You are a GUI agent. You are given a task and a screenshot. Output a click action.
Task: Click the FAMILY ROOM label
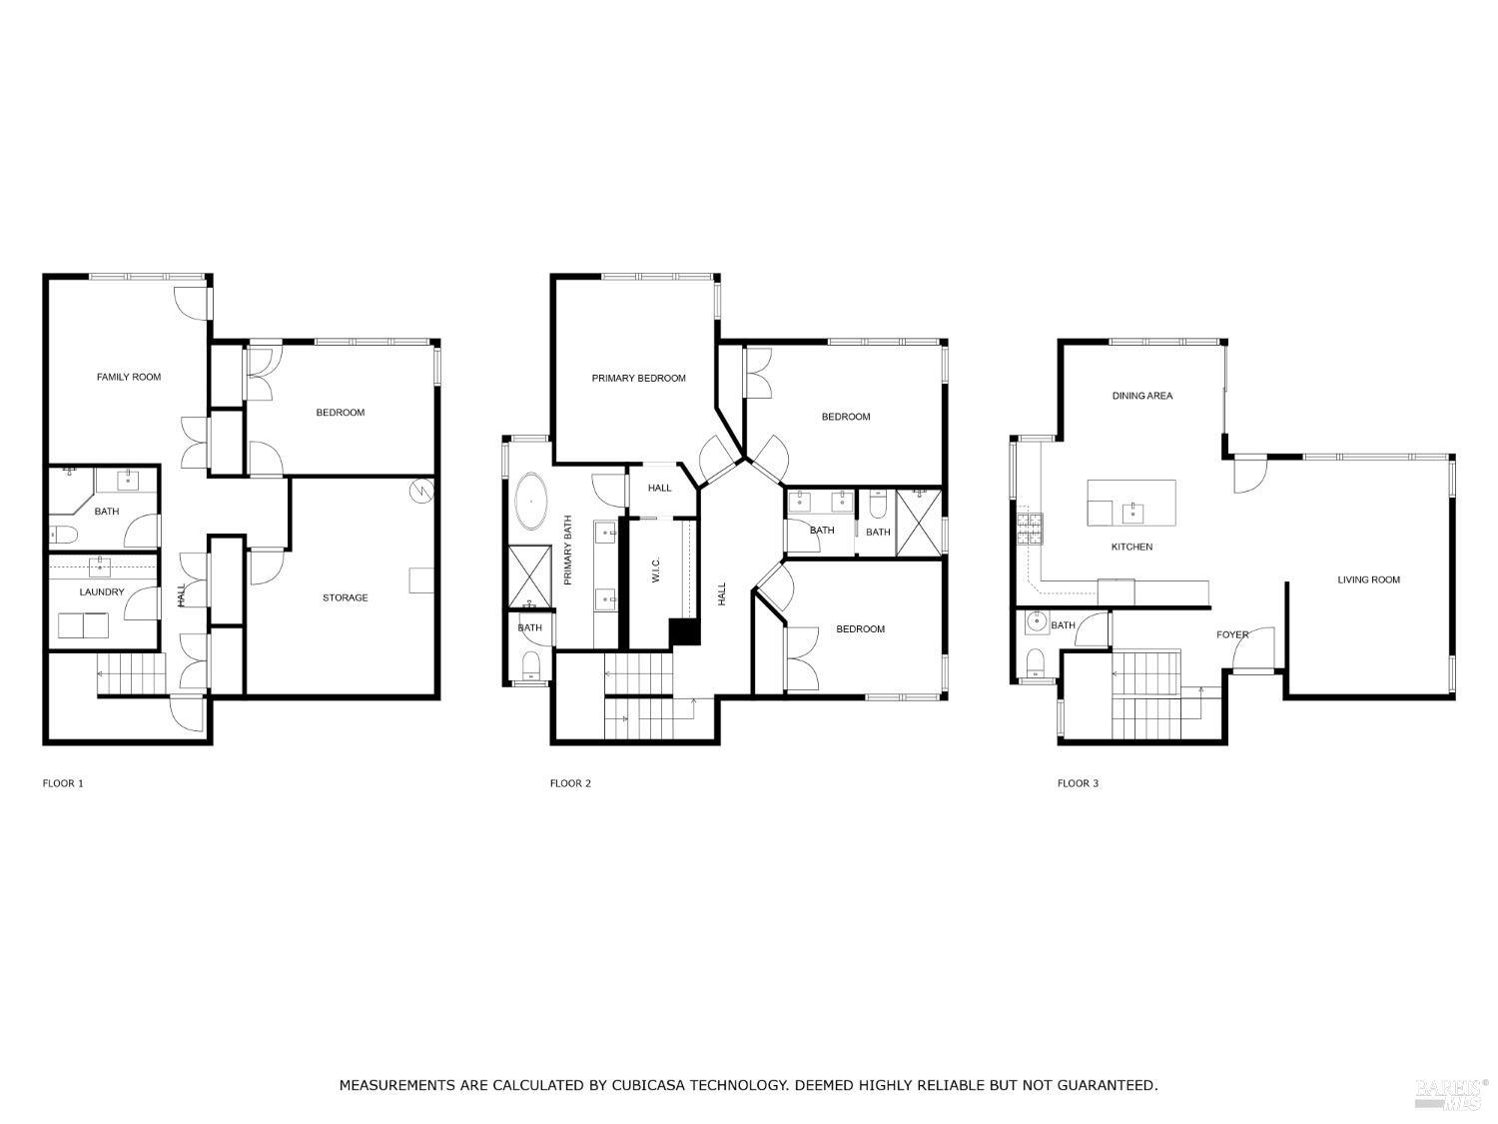(x=128, y=377)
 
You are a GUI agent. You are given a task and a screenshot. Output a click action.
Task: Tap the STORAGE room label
(x=345, y=597)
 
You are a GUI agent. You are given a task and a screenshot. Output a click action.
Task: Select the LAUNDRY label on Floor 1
(x=102, y=591)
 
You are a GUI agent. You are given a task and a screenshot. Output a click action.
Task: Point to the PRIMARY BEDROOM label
(x=638, y=378)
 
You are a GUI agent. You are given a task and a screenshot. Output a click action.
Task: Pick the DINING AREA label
(x=1142, y=396)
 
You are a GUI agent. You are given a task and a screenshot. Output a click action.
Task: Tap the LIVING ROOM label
(x=1368, y=579)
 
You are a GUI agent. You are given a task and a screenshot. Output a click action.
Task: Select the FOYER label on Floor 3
(x=1231, y=634)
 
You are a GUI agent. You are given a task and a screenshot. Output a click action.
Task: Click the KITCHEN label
(x=1131, y=547)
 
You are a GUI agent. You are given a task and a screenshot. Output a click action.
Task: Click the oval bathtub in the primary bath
(x=531, y=502)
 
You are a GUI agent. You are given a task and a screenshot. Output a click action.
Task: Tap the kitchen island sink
(x=1132, y=514)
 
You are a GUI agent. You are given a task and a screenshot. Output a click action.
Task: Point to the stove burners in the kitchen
(x=1029, y=528)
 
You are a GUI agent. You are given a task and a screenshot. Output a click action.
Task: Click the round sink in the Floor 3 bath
(x=1036, y=623)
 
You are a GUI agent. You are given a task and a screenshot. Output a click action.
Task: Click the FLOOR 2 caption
(x=570, y=783)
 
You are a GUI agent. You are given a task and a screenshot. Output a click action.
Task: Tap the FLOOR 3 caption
(x=1078, y=783)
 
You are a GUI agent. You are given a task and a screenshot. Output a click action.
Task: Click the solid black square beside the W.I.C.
(x=684, y=632)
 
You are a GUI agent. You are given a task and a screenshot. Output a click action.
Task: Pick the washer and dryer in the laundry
(x=84, y=625)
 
